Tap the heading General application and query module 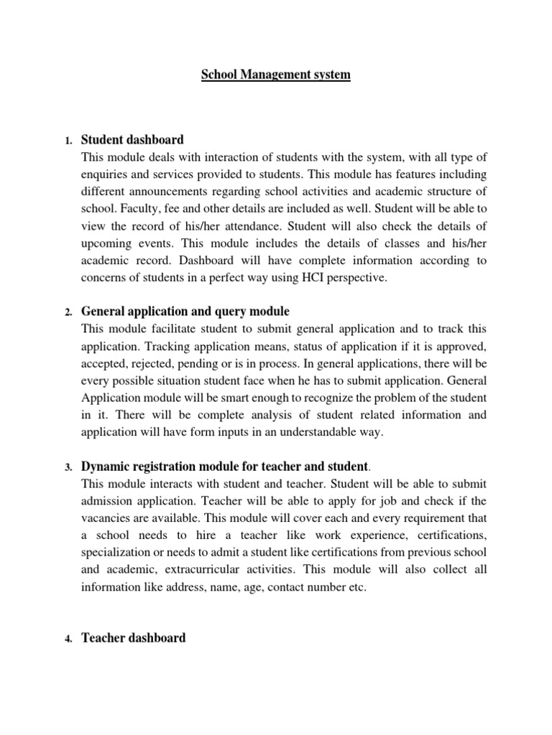point(185,312)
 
